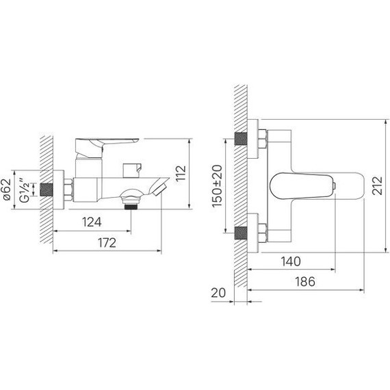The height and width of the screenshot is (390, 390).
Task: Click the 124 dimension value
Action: [x=92, y=222]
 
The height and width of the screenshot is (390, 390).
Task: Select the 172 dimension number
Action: [x=107, y=243]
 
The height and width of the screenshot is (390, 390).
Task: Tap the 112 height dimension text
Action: [x=181, y=173]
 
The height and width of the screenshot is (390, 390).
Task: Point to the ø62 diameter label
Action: [x=6, y=190]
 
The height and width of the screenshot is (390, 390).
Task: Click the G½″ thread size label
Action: [x=25, y=190]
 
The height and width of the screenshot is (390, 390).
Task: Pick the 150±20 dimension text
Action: [x=217, y=186]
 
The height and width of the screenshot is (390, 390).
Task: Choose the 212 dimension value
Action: [x=377, y=185]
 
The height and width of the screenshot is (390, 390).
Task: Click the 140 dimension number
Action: [x=291, y=261]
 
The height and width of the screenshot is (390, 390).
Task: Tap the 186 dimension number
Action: [x=305, y=282]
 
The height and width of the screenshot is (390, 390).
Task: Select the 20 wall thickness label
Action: [x=218, y=293]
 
